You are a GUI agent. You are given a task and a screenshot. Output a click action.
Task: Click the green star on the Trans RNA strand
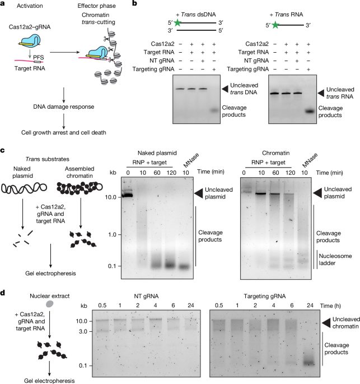pyautogui.click(x=275, y=25)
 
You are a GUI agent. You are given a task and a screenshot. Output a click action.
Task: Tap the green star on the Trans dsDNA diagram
pyautogui.click(x=177, y=23)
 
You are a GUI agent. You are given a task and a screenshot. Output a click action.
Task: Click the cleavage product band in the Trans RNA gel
pyautogui.click(x=310, y=111)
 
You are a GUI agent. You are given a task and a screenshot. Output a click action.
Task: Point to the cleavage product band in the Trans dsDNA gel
pyautogui.click(x=214, y=110)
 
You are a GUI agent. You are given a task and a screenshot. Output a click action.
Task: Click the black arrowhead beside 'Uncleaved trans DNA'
pyautogui.click(x=225, y=89)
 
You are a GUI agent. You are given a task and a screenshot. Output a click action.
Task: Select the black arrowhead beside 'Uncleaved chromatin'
pyautogui.click(x=326, y=323)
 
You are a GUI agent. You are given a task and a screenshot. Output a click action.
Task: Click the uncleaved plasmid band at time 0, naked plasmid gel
pyautogui.click(x=128, y=195)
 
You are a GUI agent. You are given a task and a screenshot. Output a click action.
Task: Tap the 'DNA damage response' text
pyautogui.click(x=64, y=107)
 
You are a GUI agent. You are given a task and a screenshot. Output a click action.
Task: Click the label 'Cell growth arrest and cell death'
pyautogui.click(x=64, y=132)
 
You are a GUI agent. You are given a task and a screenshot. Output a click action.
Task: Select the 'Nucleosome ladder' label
pyautogui.click(x=335, y=260)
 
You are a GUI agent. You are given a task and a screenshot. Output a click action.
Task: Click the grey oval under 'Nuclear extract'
pyautogui.click(x=50, y=304)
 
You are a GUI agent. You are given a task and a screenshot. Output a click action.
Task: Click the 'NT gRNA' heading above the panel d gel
pyautogui.click(x=146, y=297)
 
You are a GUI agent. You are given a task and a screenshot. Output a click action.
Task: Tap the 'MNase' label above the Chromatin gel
pyautogui.click(x=310, y=160)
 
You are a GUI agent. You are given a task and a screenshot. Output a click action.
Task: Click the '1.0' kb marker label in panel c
pyautogui.click(x=113, y=235)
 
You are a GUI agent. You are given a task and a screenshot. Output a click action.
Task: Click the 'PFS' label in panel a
pyautogui.click(x=39, y=57)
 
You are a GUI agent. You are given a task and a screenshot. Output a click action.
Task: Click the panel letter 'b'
pyautogui.click(x=134, y=3)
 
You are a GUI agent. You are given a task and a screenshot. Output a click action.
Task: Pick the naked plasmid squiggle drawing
pyautogui.click(x=24, y=188)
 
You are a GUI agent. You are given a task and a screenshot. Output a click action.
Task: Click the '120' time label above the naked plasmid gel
pyautogui.click(x=171, y=173)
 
